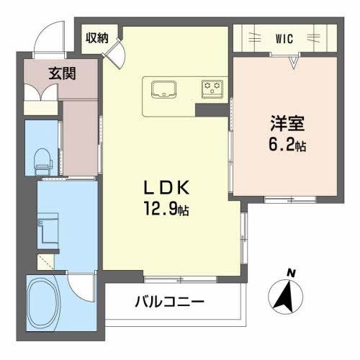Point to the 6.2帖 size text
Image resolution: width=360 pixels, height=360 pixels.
tap(285, 145)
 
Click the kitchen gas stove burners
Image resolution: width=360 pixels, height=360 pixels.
tap(212, 89)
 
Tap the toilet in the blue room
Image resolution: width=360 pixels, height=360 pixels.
tap(43, 159)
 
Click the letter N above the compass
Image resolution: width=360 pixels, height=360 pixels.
tap(291, 272)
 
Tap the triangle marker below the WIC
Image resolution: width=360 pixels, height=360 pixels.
tap(294, 63)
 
